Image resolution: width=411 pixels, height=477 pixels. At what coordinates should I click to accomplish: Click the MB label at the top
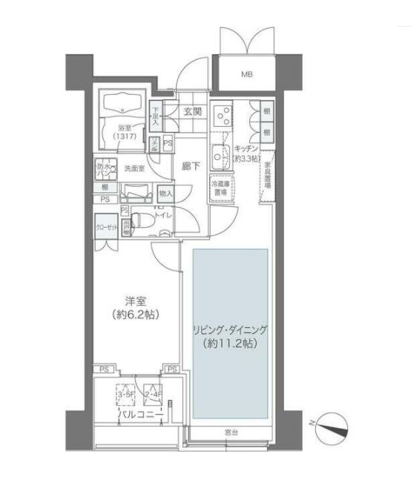246,74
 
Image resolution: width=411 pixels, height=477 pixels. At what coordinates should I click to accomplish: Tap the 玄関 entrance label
192,112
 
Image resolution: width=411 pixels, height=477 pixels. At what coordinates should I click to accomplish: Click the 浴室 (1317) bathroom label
120,131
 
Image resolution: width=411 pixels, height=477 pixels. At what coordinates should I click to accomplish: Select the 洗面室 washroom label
134,168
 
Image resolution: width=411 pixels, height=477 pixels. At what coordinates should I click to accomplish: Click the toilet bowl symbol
146,220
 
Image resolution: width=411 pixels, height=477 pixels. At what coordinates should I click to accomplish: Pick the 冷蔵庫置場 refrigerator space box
222,188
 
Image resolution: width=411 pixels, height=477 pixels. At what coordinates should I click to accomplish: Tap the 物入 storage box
165,194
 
